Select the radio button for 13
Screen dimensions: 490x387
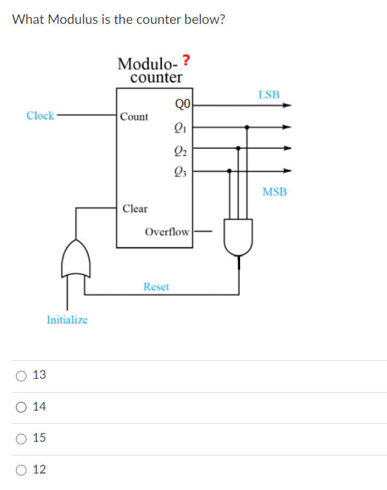click(x=22, y=375)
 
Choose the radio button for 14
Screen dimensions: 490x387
click(x=22, y=407)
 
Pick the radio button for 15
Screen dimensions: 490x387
click(x=22, y=438)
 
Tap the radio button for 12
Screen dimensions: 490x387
click(x=22, y=470)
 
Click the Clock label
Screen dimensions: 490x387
click(x=40, y=116)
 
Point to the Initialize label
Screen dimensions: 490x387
click(x=67, y=320)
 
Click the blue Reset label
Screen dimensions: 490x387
click(x=156, y=287)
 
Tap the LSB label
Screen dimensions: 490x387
click(x=269, y=94)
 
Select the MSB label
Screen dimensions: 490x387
click(x=275, y=192)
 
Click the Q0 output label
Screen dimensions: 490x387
click(x=183, y=103)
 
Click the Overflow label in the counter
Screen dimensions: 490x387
click(x=167, y=232)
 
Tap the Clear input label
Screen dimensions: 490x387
click(x=135, y=209)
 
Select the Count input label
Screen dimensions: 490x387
click(x=135, y=117)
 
